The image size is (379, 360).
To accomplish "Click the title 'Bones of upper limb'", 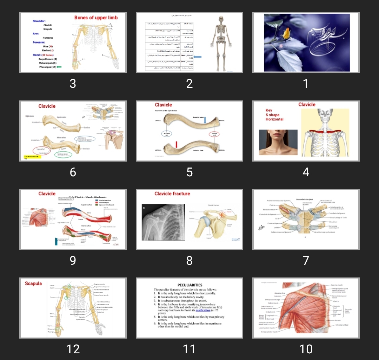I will tap(96, 18).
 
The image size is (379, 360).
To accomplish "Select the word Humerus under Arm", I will tap(48, 37).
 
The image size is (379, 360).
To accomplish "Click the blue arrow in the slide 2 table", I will tap(197, 57).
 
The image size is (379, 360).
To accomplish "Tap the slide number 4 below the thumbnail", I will tap(306, 172).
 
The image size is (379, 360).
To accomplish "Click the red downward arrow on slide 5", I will tap(177, 144).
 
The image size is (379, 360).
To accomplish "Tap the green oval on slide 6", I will tap(63, 154).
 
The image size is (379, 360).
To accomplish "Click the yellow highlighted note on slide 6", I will tap(31, 157).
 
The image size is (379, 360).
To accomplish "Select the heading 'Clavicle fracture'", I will tap(172, 194).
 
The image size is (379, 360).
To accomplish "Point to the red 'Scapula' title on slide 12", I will tap(33, 283).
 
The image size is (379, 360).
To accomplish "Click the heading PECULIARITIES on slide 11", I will tap(189, 285).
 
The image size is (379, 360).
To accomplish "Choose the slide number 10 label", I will tap(306, 349).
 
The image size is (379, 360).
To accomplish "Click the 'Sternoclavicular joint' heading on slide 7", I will tap(305, 199).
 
